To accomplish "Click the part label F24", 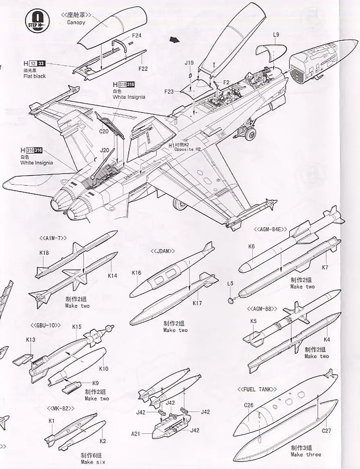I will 136,36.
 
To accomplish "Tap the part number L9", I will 276,35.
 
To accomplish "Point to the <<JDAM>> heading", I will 163,250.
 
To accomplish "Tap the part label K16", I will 136,273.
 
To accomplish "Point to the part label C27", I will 326,430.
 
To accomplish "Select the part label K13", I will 31,340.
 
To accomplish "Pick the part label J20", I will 104,149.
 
